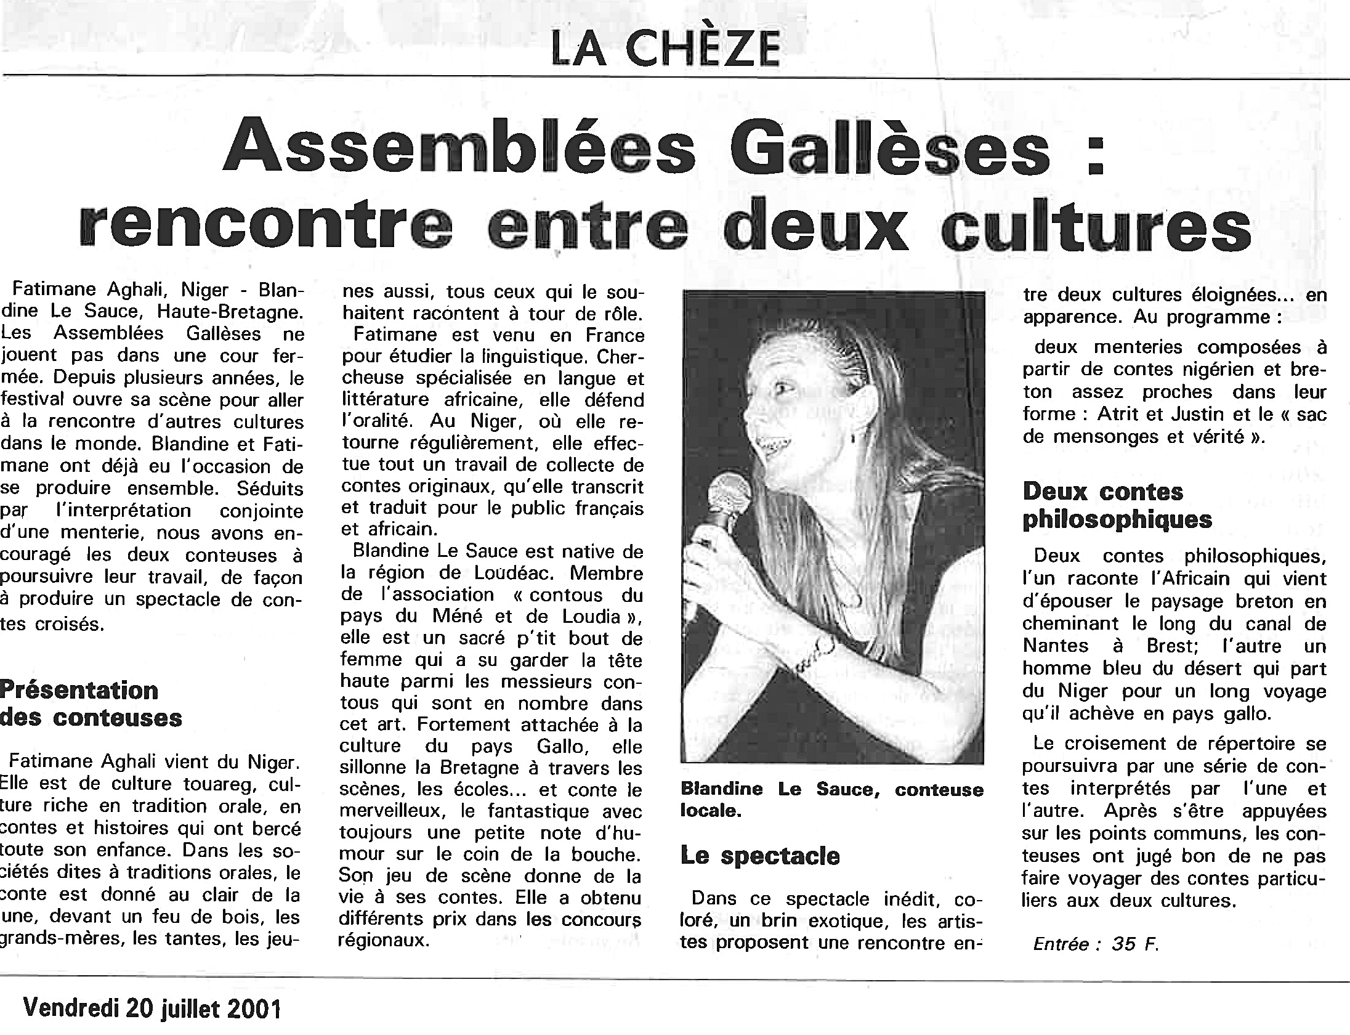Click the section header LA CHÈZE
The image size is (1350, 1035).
[x=665, y=49]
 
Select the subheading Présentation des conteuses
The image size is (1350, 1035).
[x=91, y=704]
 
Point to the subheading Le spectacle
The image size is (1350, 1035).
[x=760, y=856]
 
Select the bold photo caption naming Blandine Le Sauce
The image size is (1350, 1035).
[x=831, y=799]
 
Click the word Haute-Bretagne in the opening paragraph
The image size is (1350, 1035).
[x=230, y=312]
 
